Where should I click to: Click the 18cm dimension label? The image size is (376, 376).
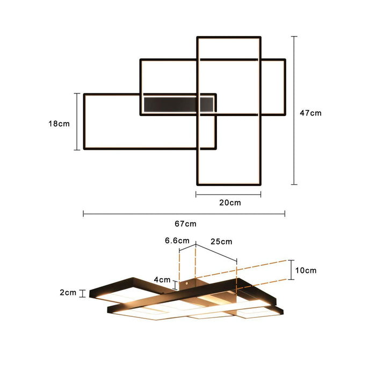click(x=59, y=124)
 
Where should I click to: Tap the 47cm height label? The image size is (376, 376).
click(x=310, y=113)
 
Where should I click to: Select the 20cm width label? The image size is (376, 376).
click(x=229, y=203)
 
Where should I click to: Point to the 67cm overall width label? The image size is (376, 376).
click(x=185, y=223)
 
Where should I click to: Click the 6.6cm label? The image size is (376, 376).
click(x=177, y=241)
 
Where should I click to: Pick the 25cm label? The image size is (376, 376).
click(x=221, y=241)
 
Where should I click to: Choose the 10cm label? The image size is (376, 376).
click(x=306, y=270)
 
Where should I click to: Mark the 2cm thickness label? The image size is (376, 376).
click(x=68, y=293)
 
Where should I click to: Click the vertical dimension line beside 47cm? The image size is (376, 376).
click(x=294, y=110)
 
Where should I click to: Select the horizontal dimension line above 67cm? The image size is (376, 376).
click(x=184, y=214)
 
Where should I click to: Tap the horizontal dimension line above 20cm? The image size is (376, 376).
click(x=228, y=194)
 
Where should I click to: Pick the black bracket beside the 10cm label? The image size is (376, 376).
click(x=291, y=269)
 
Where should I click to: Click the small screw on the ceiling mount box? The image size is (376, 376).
click(x=187, y=283)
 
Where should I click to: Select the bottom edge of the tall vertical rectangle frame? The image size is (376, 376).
click(x=229, y=182)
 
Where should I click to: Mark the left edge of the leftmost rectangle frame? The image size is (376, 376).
click(x=84, y=121)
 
